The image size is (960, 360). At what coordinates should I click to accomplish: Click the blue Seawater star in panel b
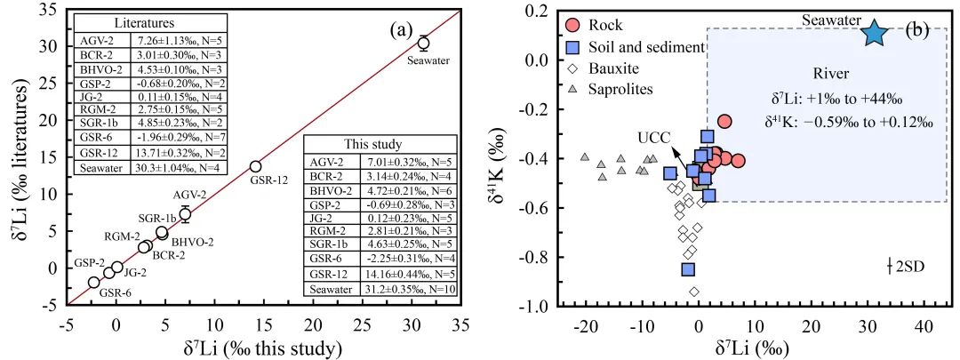point(875,33)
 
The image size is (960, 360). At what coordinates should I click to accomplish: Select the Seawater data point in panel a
point(423,43)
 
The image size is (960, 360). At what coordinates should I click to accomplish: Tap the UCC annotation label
point(652,140)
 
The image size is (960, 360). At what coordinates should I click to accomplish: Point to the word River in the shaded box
point(834,75)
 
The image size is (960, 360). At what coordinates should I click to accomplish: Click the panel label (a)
point(403,29)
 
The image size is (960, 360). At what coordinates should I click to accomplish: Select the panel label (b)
point(916,32)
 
